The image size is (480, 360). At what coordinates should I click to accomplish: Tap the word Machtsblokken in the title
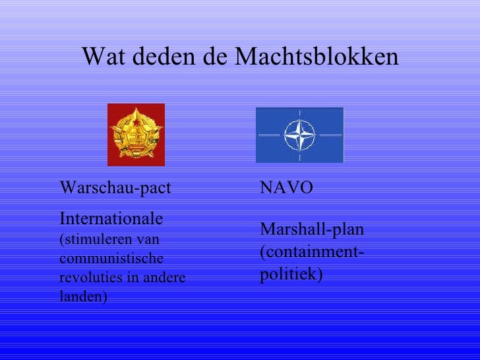316,57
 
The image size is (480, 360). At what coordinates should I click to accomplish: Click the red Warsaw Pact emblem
136,135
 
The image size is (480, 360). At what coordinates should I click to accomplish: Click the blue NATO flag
299,135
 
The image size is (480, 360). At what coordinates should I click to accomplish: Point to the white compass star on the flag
299,135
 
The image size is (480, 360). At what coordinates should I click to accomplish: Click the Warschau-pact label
115,189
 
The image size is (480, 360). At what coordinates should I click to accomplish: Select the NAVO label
287,188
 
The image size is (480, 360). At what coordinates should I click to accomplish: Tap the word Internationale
112,218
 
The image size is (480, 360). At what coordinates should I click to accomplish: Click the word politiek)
291,274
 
